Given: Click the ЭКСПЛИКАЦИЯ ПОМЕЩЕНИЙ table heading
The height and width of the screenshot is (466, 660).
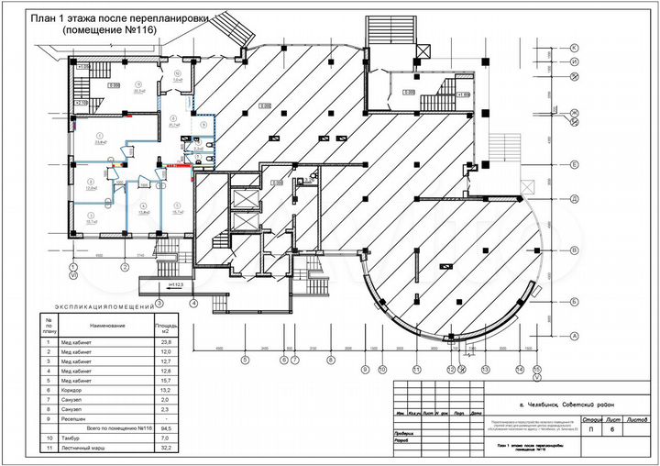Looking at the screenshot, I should coord(108,305).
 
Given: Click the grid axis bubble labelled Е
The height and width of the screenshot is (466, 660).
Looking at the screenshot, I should coord(574,165).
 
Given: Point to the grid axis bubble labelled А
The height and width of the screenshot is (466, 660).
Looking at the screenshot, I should coord(574,336).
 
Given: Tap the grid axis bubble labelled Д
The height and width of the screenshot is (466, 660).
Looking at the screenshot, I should coord(574,198).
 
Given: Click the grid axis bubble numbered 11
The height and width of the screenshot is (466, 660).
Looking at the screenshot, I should coord(417,369).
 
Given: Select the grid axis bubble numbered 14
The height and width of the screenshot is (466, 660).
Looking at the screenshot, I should coord(520,369).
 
